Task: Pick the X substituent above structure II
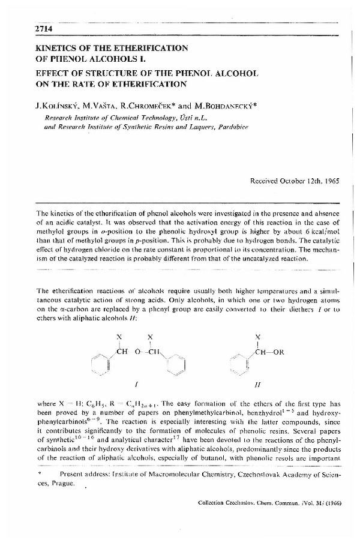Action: click(257, 337)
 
